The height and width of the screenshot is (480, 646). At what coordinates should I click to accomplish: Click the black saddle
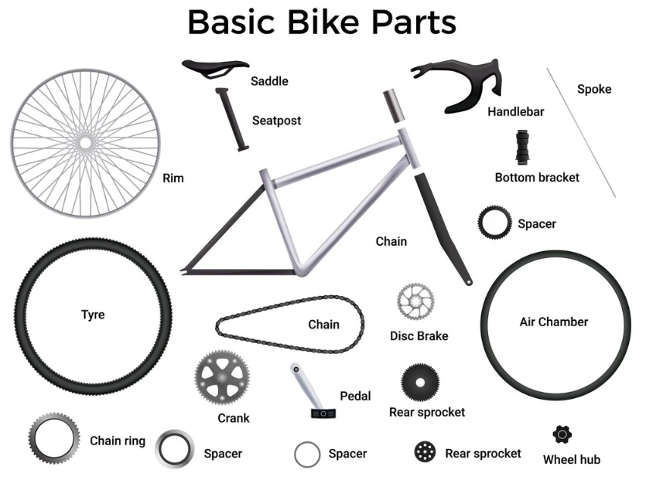(214, 67)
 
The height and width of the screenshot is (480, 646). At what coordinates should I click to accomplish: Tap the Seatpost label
(276, 121)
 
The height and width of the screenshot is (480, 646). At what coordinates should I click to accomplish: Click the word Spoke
(594, 89)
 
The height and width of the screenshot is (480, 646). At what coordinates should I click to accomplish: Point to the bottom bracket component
(522, 148)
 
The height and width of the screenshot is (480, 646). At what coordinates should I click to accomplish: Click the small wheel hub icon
(562, 434)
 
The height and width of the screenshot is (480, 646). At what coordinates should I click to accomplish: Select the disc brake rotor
(415, 301)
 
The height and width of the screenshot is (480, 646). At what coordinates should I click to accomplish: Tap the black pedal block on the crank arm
(323, 413)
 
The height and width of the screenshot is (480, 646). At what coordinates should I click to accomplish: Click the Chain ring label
(118, 441)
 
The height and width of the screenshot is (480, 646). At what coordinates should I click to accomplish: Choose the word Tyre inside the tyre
(93, 315)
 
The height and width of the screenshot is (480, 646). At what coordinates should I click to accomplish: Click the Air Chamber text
(554, 322)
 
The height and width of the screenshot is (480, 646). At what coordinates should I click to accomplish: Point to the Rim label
(173, 178)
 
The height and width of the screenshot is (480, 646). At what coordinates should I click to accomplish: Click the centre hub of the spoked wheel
(85, 143)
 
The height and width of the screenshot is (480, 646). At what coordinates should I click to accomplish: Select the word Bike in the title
(323, 22)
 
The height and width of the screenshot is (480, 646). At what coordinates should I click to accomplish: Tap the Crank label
(234, 418)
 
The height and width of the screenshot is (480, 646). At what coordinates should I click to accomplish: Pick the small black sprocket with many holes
(425, 451)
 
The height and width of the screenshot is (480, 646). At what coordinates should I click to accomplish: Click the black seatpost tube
(232, 119)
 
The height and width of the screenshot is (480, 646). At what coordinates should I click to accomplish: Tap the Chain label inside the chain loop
(324, 324)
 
